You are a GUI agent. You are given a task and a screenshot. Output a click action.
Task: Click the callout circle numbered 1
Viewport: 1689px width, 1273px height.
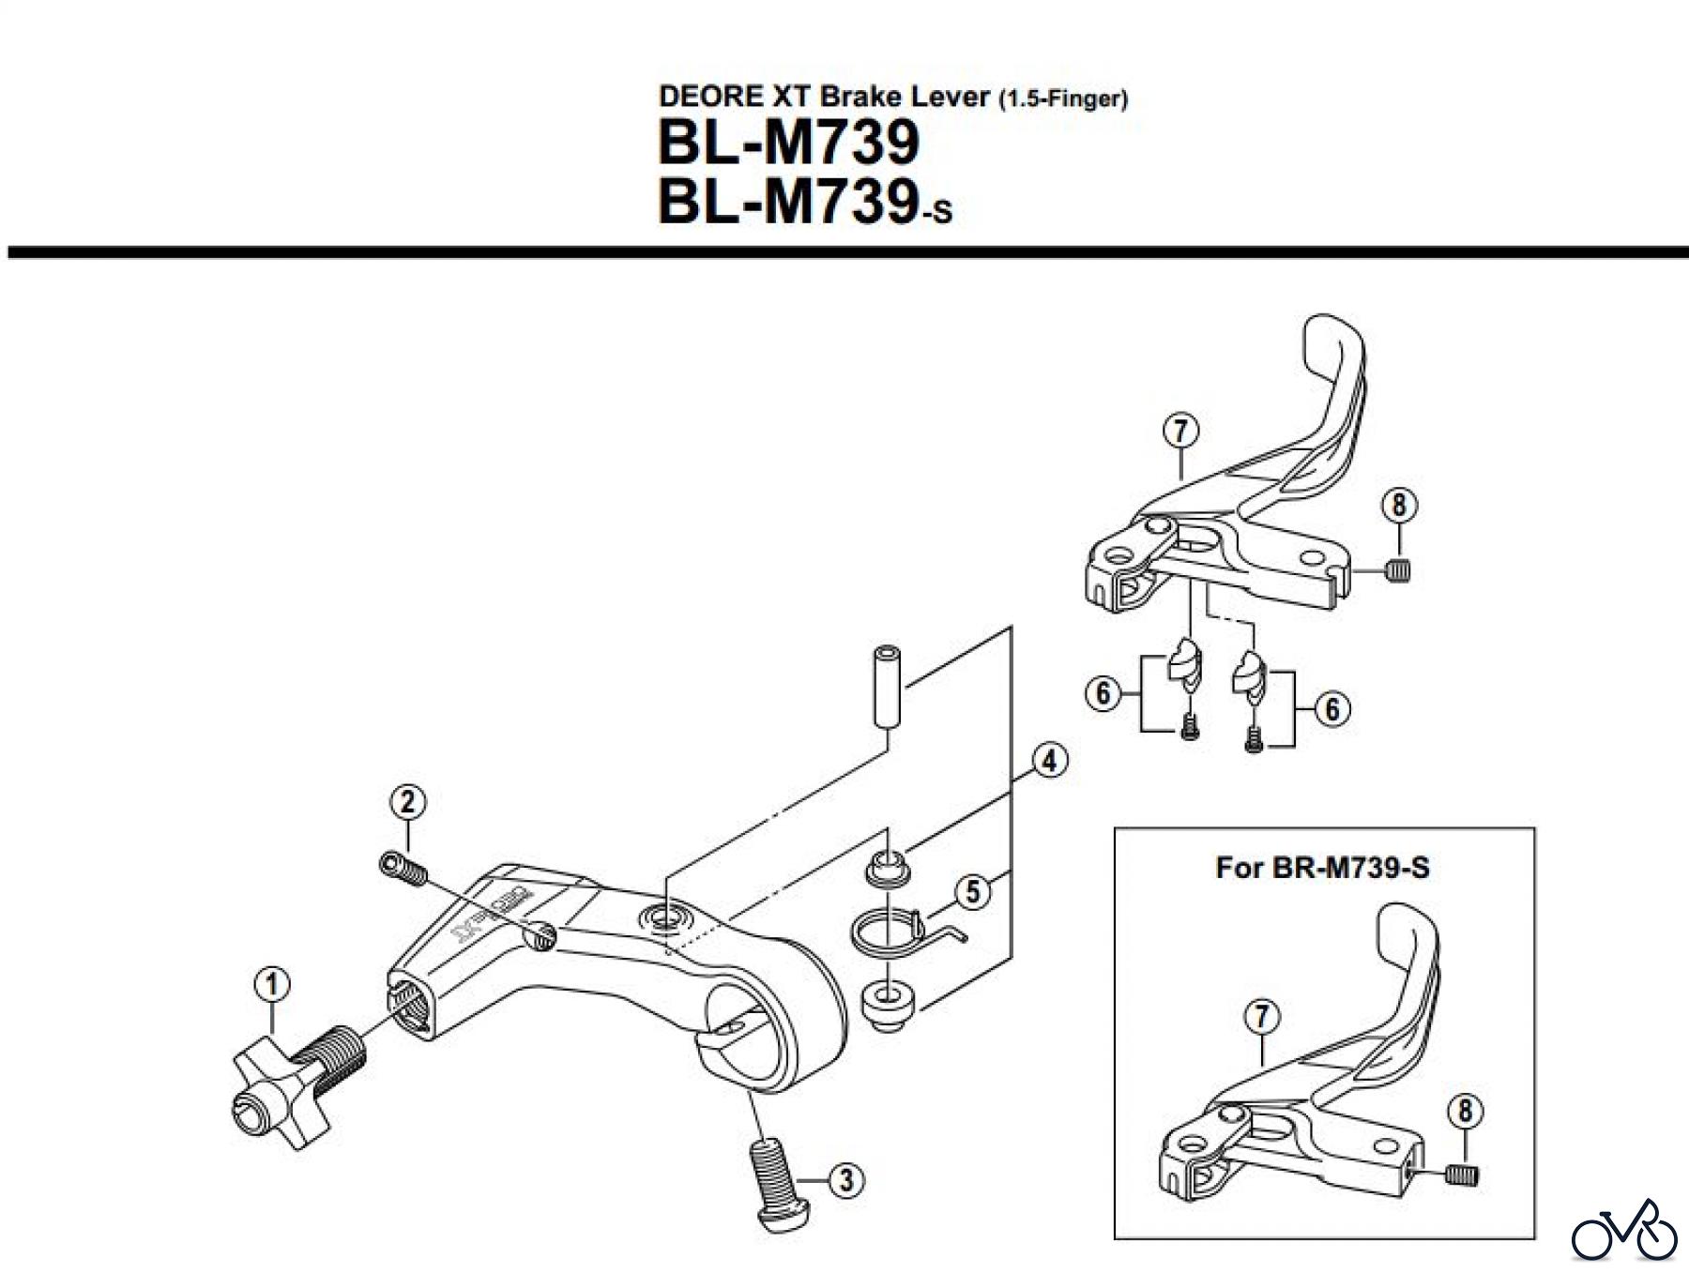[272, 985]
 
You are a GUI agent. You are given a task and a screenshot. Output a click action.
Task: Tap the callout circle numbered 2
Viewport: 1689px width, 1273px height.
[407, 802]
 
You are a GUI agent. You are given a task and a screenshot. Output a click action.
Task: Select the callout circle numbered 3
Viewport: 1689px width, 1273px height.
[846, 1179]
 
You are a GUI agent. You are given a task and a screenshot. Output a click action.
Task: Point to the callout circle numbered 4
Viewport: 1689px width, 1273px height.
[1049, 760]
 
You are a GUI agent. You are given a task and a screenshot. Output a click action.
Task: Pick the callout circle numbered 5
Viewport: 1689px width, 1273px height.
[972, 891]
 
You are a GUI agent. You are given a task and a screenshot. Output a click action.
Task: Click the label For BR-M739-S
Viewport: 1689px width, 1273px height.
[1322, 867]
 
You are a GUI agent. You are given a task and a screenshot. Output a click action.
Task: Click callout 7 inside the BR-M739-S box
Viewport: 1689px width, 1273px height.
[1262, 1016]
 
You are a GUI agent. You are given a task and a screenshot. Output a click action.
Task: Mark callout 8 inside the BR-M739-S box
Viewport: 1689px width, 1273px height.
[1465, 1113]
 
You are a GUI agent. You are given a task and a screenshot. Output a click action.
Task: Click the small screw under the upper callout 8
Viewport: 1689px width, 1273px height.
[1397, 569]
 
